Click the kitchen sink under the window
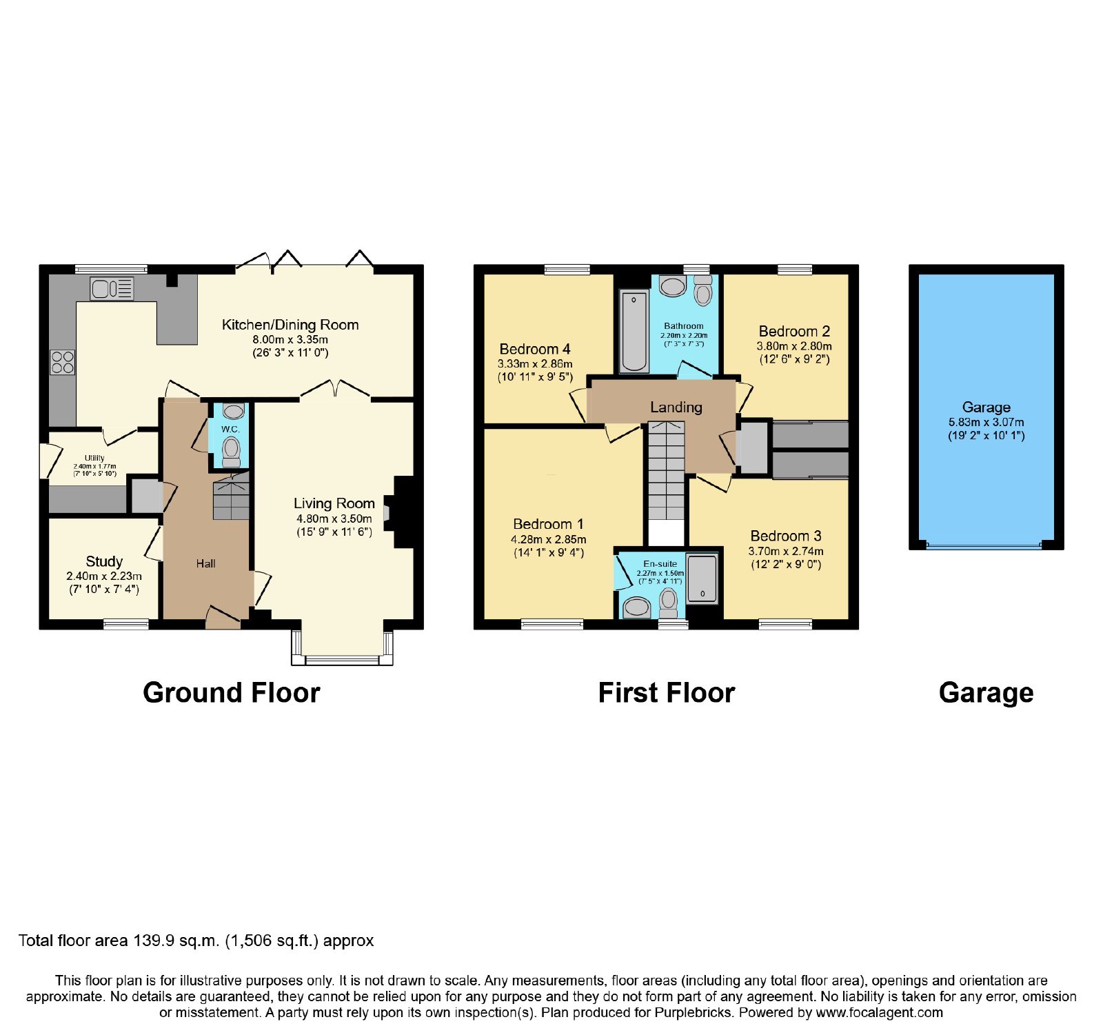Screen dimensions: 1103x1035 point(112,289)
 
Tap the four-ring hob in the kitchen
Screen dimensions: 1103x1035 point(62,362)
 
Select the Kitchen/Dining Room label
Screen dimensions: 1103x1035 point(290,325)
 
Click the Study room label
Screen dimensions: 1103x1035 point(104,561)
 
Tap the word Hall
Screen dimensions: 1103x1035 point(205,563)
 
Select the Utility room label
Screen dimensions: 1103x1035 point(94,458)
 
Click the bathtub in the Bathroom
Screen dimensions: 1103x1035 point(635,331)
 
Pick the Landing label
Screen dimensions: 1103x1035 point(676,408)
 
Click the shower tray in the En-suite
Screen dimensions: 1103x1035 point(702,578)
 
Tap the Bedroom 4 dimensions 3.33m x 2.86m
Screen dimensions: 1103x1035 point(535,363)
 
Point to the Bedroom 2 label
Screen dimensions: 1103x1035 point(794,331)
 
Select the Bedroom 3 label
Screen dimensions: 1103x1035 point(786,536)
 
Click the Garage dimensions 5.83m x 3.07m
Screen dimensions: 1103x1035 point(986,422)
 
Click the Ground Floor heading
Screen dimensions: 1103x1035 point(232,693)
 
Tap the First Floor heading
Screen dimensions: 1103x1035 point(667,693)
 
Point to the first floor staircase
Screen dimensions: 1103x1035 point(666,483)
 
